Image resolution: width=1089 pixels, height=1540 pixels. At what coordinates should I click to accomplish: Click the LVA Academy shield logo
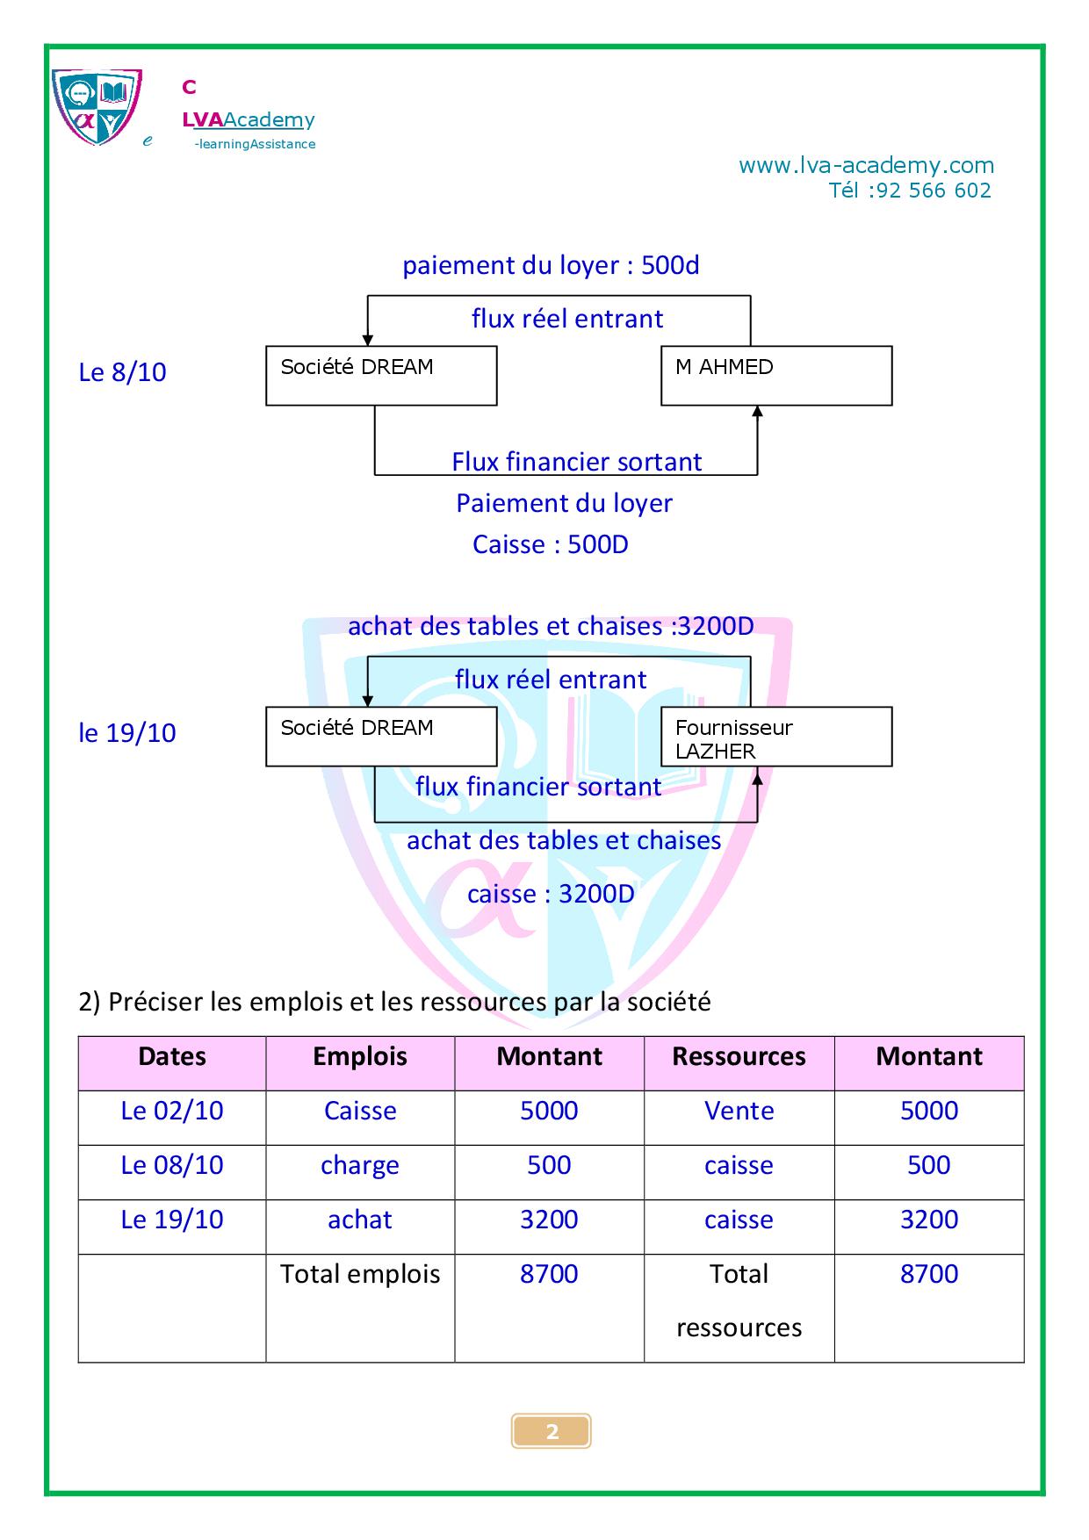click(x=96, y=107)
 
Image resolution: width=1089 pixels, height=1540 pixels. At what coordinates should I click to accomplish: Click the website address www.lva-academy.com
click(x=866, y=165)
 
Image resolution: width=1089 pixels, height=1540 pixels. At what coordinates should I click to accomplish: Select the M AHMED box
click(x=776, y=376)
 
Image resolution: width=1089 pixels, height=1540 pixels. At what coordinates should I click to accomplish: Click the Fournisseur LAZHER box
click(x=776, y=738)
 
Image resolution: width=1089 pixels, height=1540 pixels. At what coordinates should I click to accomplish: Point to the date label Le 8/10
click(x=122, y=372)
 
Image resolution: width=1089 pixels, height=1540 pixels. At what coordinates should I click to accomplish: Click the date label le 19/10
click(x=127, y=733)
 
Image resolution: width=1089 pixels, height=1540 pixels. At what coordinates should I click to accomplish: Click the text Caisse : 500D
click(x=551, y=544)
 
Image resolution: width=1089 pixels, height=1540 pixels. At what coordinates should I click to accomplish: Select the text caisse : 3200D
click(x=551, y=894)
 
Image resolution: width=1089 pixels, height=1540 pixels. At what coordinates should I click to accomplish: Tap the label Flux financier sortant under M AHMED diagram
click(x=576, y=462)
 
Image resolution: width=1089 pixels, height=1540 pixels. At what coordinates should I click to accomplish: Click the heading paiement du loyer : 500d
click(x=551, y=265)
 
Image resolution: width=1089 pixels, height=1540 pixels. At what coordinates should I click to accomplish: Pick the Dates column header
click(x=172, y=1056)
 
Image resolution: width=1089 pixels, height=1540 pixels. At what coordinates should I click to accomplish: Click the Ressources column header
click(x=739, y=1056)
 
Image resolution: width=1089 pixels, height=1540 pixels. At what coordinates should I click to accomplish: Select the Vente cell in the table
click(x=739, y=1111)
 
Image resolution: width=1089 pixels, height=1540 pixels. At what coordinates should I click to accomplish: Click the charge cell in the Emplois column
click(x=360, y=1165)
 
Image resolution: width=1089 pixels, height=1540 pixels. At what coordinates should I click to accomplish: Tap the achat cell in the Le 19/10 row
click(x=360, y=1220)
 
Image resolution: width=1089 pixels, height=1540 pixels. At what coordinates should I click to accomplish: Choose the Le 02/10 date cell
click(x=172, y=1111)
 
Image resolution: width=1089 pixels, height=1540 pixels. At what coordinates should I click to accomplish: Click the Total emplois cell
click(x=360, y=1274)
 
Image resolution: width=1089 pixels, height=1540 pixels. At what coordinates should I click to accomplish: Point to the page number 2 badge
click(x=552, y=1431)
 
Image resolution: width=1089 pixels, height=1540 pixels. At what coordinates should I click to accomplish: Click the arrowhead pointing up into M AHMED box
click(x=757, y=412)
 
